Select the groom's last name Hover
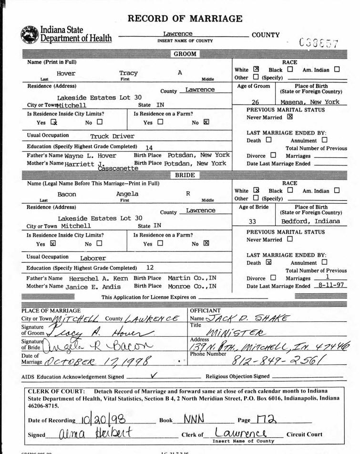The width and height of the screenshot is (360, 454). click(x=66, y=73)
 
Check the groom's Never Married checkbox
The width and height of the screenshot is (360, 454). click(x=290, y=116)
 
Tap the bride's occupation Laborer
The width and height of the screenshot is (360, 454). click(x=93, y=258)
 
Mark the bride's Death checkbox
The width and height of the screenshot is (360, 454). click(x=268, y=263)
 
